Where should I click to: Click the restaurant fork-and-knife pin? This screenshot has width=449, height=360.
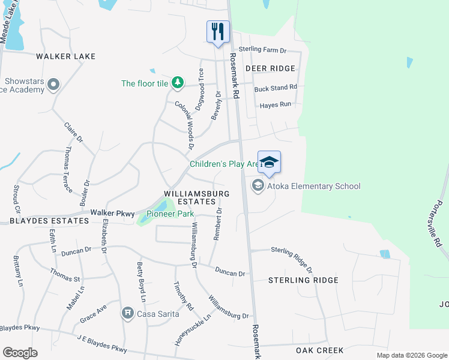(x=217, y=31)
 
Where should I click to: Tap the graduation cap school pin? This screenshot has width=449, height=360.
(x=270, y=162)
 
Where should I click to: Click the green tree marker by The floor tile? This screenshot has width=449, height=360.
(x=177, y=83)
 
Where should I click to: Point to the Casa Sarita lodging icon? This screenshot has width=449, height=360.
(x=127, y=313)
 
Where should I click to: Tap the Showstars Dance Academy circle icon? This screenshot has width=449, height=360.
(x=53, y=85)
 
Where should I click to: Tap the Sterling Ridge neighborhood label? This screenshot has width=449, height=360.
(x=303, y=280)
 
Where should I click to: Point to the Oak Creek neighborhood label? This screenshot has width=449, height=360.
(x=319, y=350)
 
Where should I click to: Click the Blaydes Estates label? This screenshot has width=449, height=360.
(x=40, y=221)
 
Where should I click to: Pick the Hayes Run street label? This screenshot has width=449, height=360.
(x=276, y=104)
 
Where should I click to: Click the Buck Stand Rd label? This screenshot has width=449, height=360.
(x=276, y=88)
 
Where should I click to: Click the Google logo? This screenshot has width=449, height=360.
(x=20, y=353)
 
